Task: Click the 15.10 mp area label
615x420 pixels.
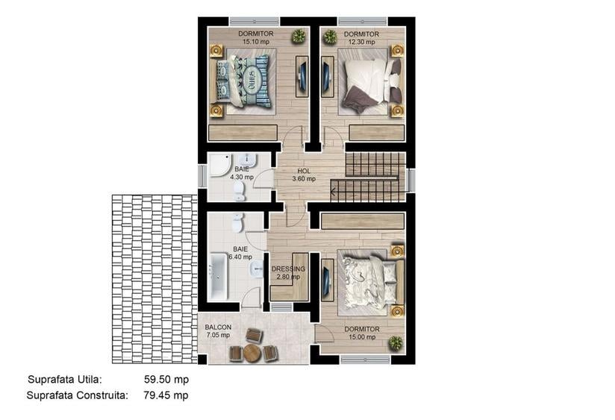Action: pos(256,42)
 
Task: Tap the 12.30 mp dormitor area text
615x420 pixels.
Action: pos(361,42)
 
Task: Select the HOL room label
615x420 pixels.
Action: pos(304,171)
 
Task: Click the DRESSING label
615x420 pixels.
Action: pos(288,269)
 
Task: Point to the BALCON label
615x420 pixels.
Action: pos(218,327)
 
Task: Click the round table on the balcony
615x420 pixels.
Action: pos(252,353)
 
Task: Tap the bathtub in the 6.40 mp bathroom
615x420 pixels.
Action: pos(218,277)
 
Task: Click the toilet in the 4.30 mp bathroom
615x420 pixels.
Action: pos(240,192)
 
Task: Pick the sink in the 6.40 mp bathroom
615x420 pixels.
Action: pos(257,269)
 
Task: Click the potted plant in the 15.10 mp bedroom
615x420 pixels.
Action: pos(299,37)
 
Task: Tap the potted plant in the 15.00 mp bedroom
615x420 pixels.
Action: pos(396,343)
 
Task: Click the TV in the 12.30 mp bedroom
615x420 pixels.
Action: pos(327,77)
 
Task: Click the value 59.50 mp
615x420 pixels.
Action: pos(166,380)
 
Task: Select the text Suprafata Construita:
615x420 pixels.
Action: pos(78,395)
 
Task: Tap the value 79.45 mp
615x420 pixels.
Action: pos(166,395)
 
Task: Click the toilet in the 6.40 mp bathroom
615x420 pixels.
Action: pos(237,223)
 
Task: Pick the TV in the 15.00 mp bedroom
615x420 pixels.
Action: pos(327,280)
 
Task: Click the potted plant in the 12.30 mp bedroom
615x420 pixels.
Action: pos(330,37)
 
